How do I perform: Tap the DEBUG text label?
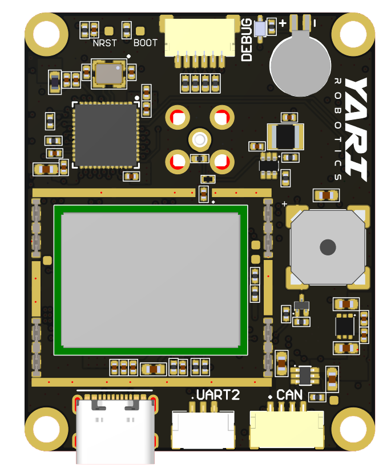pos(247,40)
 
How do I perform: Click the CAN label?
pos(289,395)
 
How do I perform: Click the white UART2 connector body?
pos(203,430)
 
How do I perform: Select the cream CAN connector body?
pos(287,429)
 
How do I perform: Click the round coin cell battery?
pos(300,66)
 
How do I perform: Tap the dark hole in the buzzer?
pos(328,247)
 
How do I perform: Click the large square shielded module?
pos(151,280)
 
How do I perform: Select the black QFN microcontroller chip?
pos(106,135)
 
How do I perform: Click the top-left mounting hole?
pos(46,33)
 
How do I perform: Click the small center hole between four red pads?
pos(200,139)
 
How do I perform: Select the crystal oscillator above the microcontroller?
pos(108,73)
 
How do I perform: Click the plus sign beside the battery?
pos(282,23)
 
